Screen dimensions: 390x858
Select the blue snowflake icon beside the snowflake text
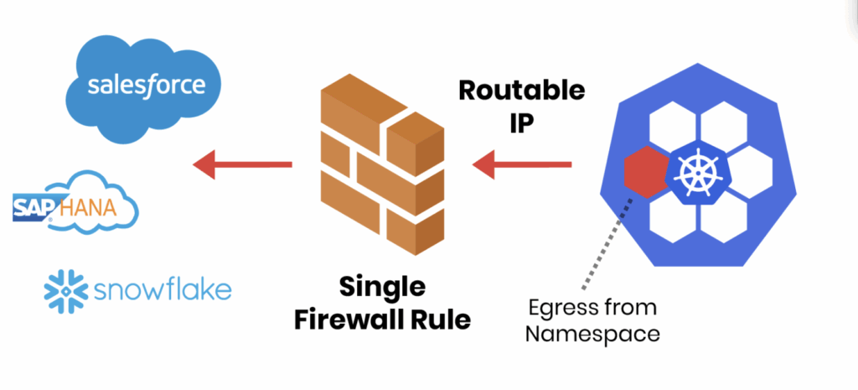(65, 290)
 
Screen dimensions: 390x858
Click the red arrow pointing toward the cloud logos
(242, 165)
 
